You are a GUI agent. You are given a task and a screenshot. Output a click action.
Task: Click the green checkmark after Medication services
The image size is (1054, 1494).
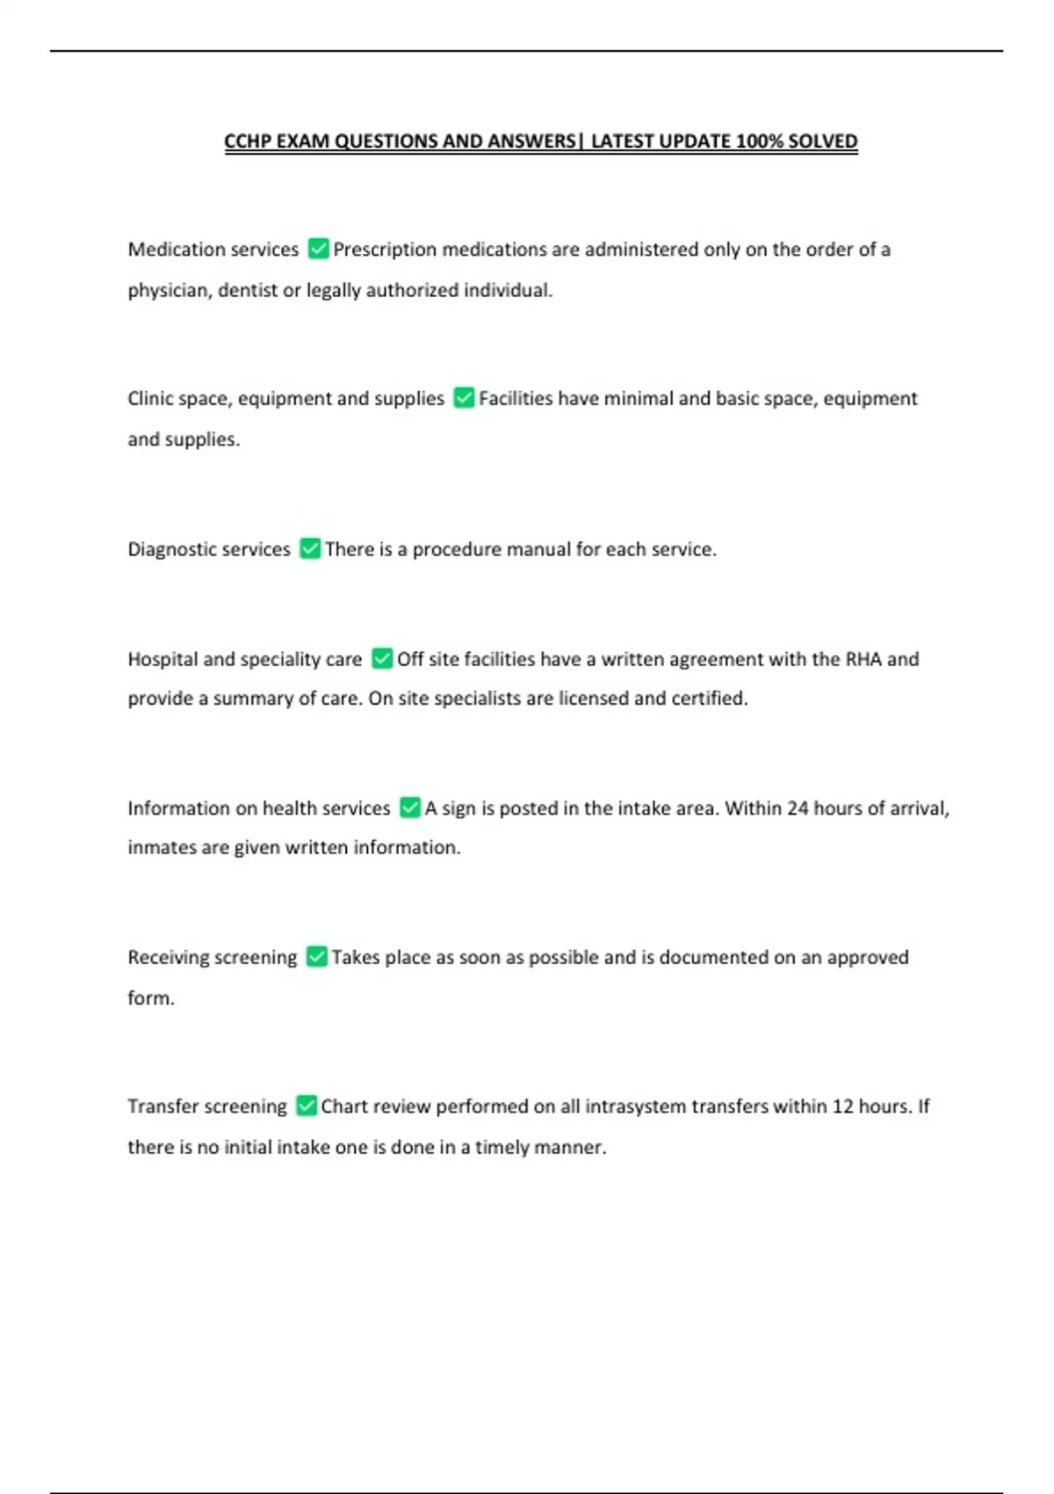[318, 250]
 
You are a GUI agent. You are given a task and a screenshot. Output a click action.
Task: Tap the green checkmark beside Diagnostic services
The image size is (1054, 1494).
[310, 549]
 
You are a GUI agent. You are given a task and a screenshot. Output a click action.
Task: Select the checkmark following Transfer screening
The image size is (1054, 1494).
[306, 1106]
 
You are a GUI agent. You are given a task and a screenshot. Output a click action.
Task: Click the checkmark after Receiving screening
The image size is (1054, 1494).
[316, 957]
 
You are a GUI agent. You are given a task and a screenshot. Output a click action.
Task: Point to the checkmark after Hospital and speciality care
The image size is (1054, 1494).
[382, 659]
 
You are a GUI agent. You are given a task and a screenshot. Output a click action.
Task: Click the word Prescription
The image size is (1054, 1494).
[385, 250]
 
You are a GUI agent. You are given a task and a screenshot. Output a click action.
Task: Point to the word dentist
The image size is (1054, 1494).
[248, 291]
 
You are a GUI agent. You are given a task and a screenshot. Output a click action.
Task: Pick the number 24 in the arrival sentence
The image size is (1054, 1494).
[798, 809]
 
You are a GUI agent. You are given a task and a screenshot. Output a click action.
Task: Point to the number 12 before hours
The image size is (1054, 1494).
[842, 1106]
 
